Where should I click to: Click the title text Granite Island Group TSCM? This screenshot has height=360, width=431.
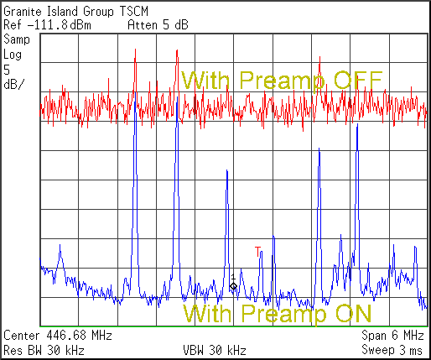pos(75,12)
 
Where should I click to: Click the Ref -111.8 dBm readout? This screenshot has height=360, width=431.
pos(47,25)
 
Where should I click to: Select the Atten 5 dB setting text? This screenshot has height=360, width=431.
pos(158,25)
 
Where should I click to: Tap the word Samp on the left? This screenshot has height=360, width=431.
pos(17,39)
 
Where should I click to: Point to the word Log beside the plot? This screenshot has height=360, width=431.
pos(13,55)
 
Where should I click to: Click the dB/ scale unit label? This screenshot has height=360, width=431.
pos(14,84)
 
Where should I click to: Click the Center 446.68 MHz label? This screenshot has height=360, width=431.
pos(58,335)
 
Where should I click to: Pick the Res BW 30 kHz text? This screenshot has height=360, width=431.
pos(44,350)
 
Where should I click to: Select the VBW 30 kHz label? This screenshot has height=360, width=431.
pos(215,350)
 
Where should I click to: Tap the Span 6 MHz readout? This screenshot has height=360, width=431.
pos(392,335)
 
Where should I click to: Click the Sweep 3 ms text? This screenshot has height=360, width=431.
pos(392,350)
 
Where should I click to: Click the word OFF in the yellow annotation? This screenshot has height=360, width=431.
pos(358,80)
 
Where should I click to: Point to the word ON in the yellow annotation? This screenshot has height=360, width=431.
pos(354,313)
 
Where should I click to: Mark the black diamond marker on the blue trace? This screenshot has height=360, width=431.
pos(233,286)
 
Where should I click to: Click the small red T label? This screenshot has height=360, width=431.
pos(257,252)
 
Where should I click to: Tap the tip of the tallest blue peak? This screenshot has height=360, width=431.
pos(135,93)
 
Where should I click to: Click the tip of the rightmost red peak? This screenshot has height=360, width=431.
pos(319,56)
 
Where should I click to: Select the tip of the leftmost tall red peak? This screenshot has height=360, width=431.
pos(135,50)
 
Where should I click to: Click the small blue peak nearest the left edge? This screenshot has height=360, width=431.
pos(60,245)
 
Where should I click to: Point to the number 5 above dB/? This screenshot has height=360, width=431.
pos(7,70)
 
